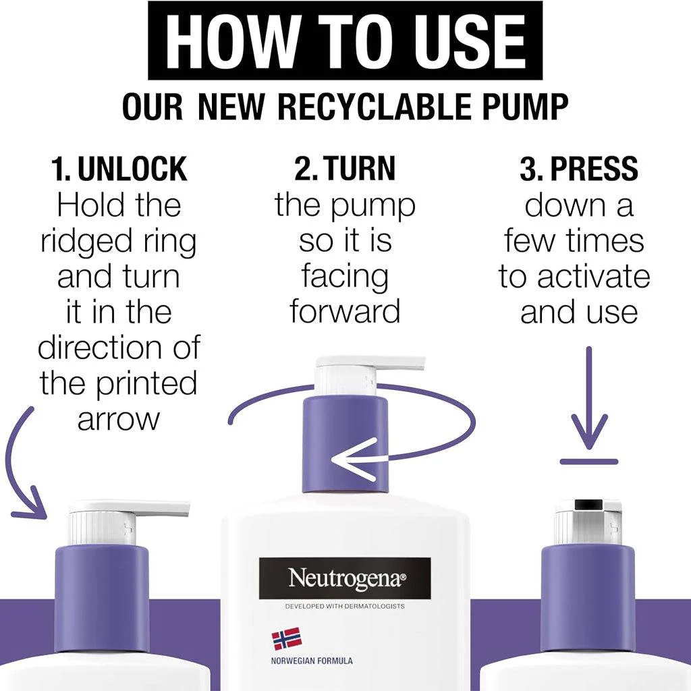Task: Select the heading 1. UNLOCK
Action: (119, 169)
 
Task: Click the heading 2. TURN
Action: (345, 168)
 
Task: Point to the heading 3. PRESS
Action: (578, 168)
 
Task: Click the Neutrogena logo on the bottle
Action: (345, 578)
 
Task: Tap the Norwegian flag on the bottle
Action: (286, 639)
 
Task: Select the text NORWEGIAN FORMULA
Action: (312, 661)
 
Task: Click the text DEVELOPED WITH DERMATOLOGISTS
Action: (345, 607)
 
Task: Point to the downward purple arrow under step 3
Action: (589, 397)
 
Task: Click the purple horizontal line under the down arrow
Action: (589, 462)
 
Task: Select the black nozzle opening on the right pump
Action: (588, 504)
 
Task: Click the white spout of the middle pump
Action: (371, 363)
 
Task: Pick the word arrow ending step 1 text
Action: (118, 420)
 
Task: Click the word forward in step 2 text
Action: (345, 311)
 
